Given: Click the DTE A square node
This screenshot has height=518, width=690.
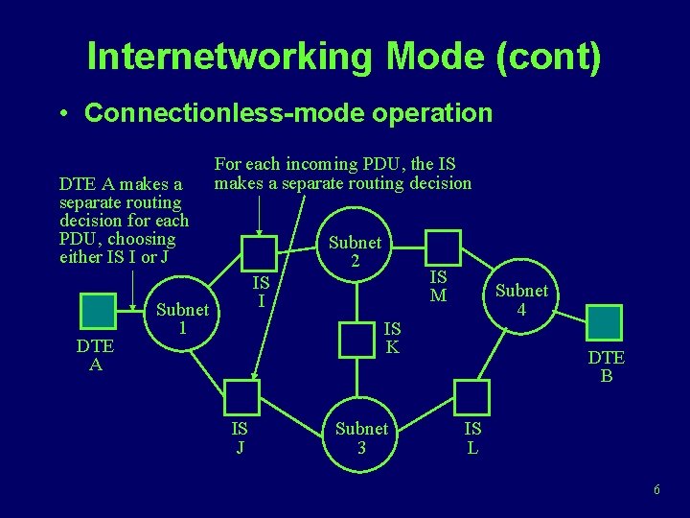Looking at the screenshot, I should [96, 312].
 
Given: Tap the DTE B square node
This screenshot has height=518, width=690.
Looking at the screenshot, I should [604, 323].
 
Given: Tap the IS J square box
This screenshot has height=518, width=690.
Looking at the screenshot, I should [241, 396].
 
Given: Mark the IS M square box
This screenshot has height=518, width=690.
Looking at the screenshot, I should [443, 248].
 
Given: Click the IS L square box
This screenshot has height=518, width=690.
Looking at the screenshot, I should [471, 397].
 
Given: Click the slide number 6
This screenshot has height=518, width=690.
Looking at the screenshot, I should [656, 490].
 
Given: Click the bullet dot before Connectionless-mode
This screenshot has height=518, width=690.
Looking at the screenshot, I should [62, 114].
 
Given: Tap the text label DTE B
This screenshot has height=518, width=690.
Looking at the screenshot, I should [607, 366].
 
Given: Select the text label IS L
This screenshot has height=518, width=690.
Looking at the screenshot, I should [471, 437].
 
